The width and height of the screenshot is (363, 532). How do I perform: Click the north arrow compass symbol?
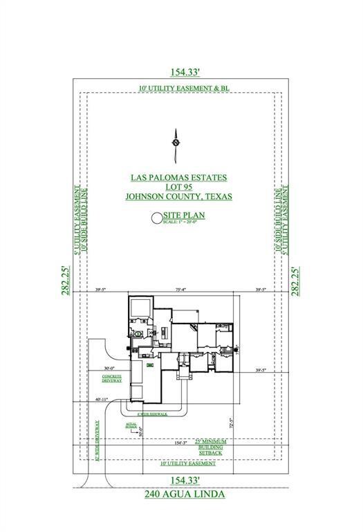(x=176, y=141)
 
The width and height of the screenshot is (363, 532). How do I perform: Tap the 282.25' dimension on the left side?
(x=66, y=281)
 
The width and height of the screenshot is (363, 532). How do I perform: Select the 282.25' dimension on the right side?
(x=297, y=281)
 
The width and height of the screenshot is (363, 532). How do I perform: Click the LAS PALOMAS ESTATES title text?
(x=178, y=177)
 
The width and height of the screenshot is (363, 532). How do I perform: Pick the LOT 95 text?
(x=178, y=187)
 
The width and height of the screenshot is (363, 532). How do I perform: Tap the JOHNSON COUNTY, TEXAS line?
(x=178, y=197)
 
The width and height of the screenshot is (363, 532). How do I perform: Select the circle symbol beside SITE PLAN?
(x=156, y=219)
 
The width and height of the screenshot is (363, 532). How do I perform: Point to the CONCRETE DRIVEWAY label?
(x=112, y=378)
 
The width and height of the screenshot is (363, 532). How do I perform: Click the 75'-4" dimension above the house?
(x=180, y=290)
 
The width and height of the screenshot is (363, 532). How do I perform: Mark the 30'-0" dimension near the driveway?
(x=109, y=369)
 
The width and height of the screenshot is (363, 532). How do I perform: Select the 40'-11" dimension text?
(x=102, y=399)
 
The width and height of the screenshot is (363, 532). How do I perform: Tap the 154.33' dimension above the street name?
(x=181, y=480)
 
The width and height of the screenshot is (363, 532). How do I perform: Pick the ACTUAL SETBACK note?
(x=131, y=425)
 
